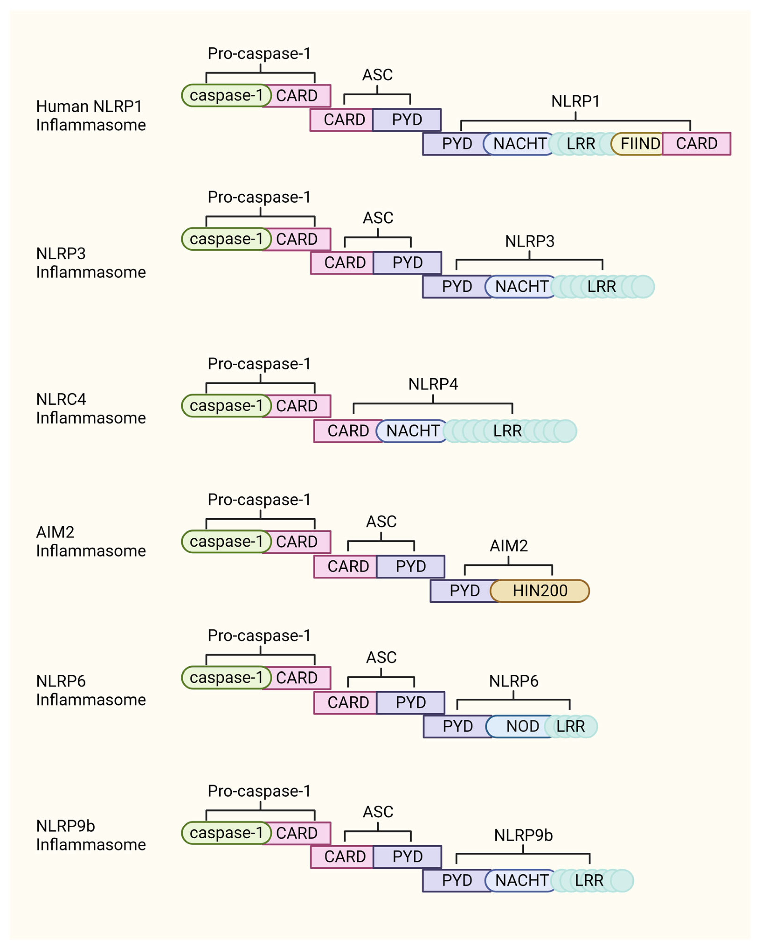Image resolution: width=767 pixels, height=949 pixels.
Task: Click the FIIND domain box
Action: point(639,144)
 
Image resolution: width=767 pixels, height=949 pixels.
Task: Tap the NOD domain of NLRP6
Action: point(522,726)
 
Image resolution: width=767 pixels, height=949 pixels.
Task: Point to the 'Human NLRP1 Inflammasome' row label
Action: point(90,115)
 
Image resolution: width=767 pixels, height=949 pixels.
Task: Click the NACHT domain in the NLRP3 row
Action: point(521,287)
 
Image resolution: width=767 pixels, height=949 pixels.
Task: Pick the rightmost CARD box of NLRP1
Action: point(696,144)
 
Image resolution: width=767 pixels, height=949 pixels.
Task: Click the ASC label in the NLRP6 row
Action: point(381,657)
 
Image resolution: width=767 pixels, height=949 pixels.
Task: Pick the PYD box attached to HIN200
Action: point(464,591)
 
